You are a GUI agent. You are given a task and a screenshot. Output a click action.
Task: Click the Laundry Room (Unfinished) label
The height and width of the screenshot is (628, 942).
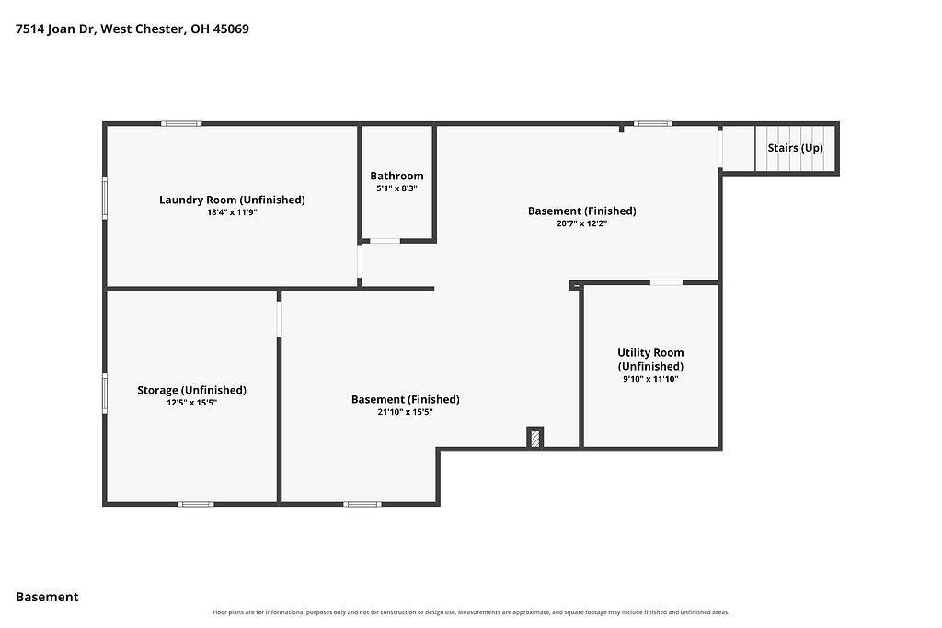[232, 200]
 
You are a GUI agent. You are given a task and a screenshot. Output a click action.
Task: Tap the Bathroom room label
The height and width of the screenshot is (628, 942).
[396, 176]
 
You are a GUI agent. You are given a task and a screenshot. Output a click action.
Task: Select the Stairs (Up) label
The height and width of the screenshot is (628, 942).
[796, 148]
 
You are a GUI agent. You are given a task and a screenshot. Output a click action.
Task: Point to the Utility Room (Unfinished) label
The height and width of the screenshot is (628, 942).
[650, 359]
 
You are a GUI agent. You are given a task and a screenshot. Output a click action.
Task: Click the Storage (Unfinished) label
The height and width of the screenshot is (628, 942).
[191, 390]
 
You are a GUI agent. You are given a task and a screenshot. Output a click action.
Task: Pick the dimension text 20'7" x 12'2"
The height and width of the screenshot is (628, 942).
[582, 223]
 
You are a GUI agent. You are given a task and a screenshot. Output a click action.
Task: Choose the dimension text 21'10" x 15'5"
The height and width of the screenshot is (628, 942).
[406, 412]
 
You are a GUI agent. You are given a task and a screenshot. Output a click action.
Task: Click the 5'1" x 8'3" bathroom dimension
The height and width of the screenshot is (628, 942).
[396, 188]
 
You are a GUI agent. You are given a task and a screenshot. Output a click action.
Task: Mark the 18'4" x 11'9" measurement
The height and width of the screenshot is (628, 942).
[232, 211]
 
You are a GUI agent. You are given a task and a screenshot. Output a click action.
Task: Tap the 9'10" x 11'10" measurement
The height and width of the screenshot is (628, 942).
[650, 379]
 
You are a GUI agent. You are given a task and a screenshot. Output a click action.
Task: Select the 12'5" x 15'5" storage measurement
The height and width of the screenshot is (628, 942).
[191, 402]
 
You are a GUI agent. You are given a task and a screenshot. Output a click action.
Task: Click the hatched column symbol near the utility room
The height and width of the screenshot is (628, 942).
[534, 437]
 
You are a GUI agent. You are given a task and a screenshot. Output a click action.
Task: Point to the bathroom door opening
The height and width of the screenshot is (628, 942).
[385, 241]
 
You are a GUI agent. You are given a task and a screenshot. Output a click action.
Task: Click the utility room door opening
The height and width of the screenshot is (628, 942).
[666, 282]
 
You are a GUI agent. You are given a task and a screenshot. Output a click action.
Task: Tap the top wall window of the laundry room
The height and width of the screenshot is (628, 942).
[181, 124]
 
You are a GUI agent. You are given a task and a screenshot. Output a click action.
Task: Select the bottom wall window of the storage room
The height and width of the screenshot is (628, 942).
[195, 504]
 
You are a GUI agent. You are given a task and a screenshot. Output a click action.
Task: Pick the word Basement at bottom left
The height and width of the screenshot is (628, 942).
[47, 597]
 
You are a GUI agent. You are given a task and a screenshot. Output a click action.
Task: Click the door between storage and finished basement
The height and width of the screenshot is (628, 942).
[279, 318]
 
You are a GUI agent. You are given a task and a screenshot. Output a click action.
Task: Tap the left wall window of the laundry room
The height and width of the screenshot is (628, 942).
[105, 198]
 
